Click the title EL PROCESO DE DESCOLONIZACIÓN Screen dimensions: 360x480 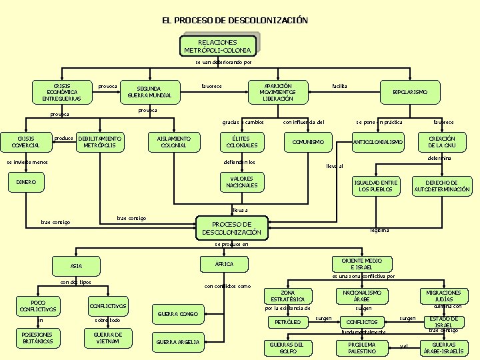click(x=235, y=20)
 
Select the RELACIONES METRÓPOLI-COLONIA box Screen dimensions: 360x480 click(x=217, y=46)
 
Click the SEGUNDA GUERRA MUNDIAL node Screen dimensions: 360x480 click(x=154, y=92)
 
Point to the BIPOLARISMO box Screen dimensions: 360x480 click(x=410, y=92)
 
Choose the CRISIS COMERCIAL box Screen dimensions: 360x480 click(x=25, y=141)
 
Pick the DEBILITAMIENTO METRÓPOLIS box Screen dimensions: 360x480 click(x=100, y=141)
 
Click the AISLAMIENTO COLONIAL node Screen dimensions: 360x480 click(x=173, y=141)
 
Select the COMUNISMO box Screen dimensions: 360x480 click(x=308, y=142)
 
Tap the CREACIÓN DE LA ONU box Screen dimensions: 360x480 click(x=441, y=141)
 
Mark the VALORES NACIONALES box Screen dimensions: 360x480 click(x=241, y=182)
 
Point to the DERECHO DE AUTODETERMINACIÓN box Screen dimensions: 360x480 click(x=442, y=186)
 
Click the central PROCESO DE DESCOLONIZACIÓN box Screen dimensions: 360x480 click(x=231, y=228)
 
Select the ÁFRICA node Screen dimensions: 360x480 click(x=224, y=265)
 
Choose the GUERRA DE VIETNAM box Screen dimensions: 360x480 click(x=107, y=338)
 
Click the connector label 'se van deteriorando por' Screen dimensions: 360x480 click(x=223, y=62)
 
